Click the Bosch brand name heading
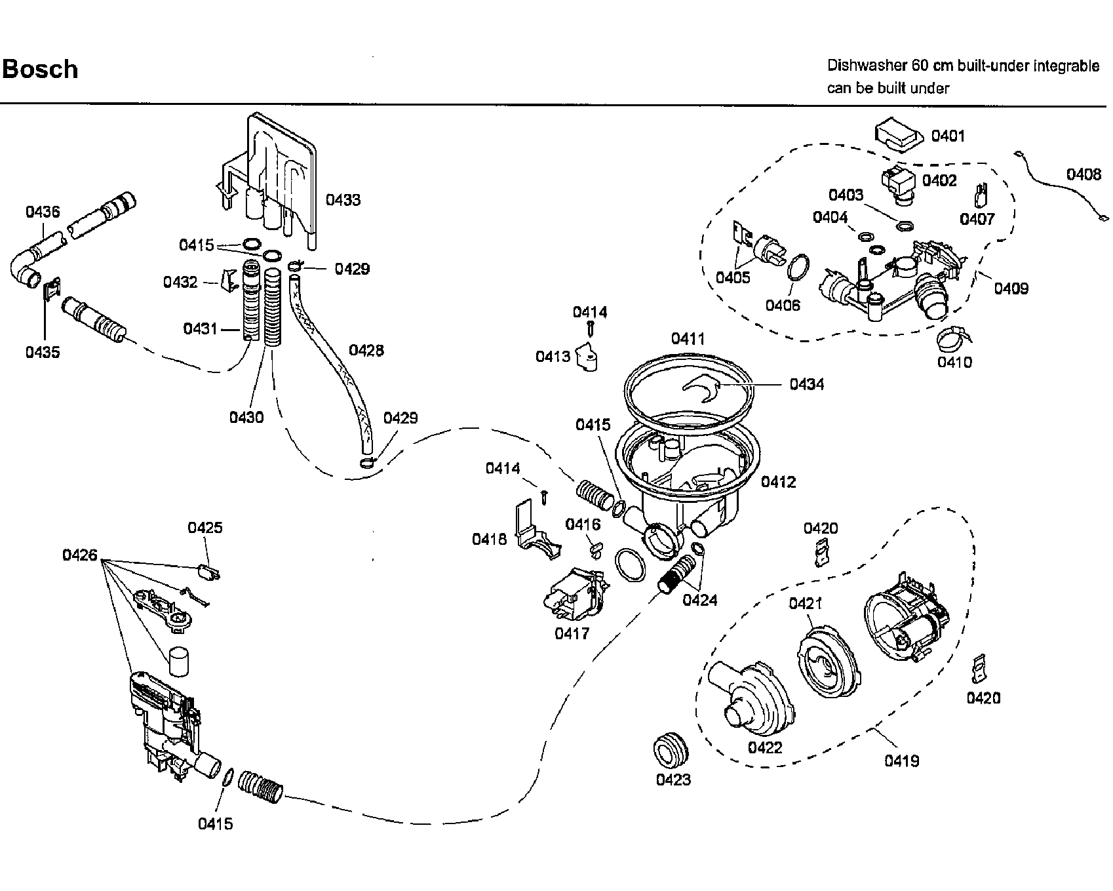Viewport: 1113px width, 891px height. click(40, 69)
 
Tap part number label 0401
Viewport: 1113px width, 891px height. click(948, 136)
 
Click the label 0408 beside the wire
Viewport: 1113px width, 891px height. click(1084, 174)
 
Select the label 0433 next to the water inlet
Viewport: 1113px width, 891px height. click(343, 199)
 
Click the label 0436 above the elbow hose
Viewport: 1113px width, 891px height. click(43, 211)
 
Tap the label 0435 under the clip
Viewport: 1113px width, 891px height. click(43, 352)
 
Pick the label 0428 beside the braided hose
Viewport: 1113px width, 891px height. click(366, 350)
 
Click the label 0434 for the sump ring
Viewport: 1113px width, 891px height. click(807, 384)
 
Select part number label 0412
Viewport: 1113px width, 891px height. click(778, 482)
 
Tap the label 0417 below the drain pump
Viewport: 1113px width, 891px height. click(572, 633)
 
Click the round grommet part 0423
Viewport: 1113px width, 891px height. click(672, 749)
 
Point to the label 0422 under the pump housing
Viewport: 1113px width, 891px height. click(766, 747)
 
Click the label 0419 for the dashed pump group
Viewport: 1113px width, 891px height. click(902, 761)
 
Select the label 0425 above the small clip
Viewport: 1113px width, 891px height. click(205, 528)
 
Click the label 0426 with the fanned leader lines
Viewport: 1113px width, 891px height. click(80, 555)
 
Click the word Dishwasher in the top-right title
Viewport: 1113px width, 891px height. click(866, 66)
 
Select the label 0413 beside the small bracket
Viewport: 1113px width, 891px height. click(553, 356)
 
